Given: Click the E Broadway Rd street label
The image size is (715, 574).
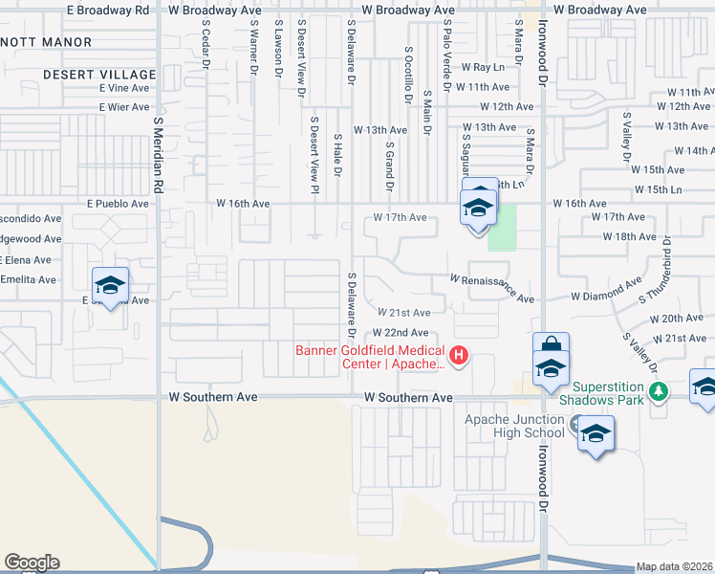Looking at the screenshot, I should (109, 9).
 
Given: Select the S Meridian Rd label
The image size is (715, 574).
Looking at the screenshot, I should (159, 148).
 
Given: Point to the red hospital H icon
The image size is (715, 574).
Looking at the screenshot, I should (459, 357).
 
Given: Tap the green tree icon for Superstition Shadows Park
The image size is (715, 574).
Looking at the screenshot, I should (658, 392).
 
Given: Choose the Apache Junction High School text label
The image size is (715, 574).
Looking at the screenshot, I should (515, 426).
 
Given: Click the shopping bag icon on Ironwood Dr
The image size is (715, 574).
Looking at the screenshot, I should (552, 345).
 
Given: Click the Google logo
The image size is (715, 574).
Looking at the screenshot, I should (32, 563).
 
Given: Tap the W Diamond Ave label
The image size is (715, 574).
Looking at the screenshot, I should (606, 290).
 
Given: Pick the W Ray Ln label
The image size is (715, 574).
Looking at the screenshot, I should (482, 68).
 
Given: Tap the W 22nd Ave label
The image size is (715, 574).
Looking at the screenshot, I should (401, 332).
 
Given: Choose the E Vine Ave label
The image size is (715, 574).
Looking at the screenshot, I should (123, 87).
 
